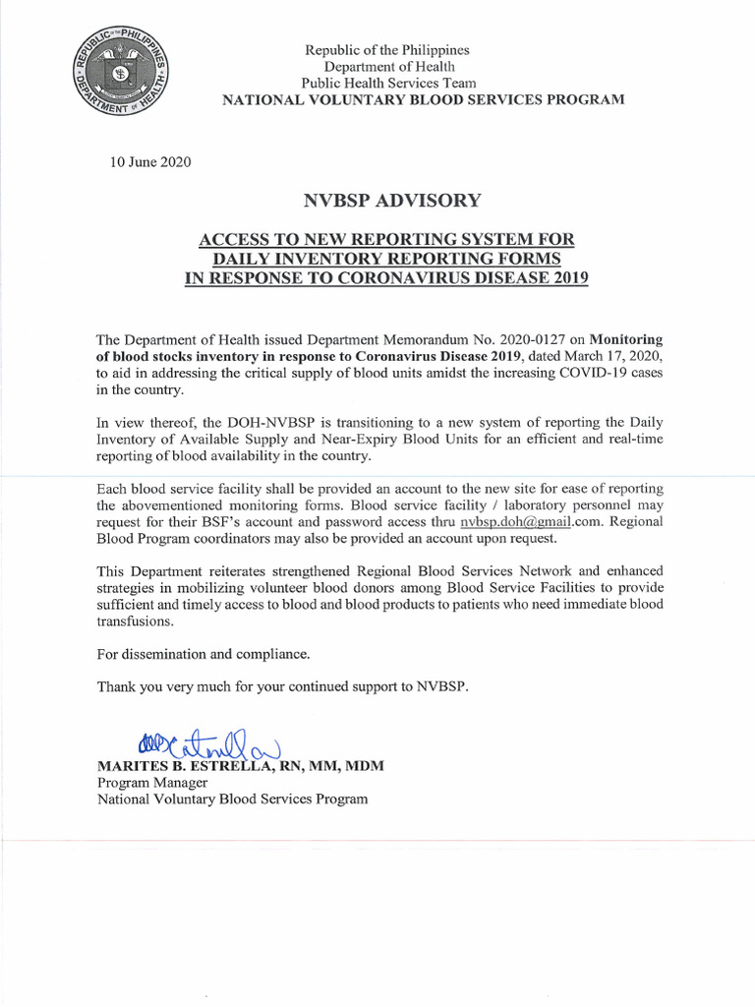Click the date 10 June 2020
tap(150, 161)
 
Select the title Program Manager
tap(151, 783)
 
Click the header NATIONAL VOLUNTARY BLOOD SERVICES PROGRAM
tap(423, 100)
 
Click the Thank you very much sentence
tap(283, 686)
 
